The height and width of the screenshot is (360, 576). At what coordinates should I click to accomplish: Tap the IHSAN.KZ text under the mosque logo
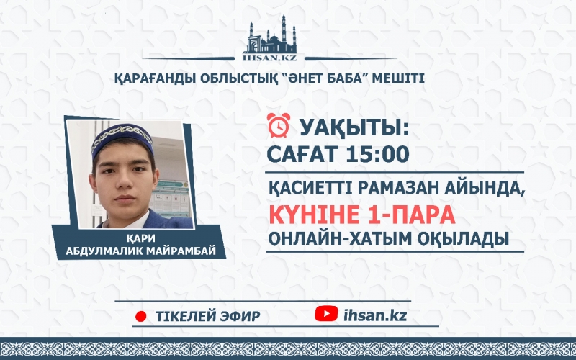[x=270, y=58]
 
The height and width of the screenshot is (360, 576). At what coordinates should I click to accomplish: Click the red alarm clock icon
[x=279, y=125]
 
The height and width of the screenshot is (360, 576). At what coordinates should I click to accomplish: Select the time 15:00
[x=377, y=154]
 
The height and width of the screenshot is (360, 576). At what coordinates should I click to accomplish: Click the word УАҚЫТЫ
[x=354, y=128]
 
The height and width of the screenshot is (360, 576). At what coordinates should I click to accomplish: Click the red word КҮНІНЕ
[x=315, y=215]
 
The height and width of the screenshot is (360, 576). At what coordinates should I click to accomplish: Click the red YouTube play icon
[x=326, y=314]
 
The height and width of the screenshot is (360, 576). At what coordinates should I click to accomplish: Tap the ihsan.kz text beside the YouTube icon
[x=375, y=315]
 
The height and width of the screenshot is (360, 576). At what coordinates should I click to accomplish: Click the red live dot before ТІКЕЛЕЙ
[x=141, y=316]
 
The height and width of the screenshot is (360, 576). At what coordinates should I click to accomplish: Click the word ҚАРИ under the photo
[x=141, y=238]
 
